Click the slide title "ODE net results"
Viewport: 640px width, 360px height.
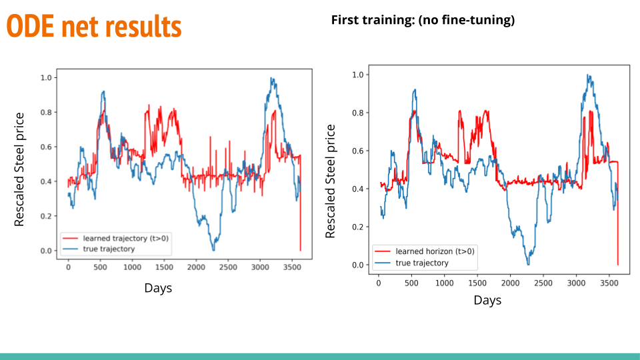(94, 27)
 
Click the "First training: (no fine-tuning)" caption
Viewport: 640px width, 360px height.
(423, 20)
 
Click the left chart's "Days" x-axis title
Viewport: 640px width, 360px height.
(158, 288)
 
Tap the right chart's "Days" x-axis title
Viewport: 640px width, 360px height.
(487, 301)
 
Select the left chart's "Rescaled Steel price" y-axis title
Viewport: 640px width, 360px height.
(19, 169)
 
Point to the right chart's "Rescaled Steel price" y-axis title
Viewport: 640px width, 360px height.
(331, 181)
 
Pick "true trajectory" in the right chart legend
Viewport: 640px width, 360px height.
(422, 263)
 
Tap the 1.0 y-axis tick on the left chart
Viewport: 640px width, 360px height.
(45, 77)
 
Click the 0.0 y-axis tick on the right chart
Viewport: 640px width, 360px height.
(359, 265)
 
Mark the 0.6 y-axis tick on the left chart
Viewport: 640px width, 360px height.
(45, 147)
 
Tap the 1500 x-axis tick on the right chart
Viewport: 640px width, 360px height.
(477, 283)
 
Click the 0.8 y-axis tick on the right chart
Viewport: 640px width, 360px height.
(359, 113)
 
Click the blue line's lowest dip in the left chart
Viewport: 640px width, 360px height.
(213, 250)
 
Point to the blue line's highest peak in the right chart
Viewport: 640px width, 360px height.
(589, 75)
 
